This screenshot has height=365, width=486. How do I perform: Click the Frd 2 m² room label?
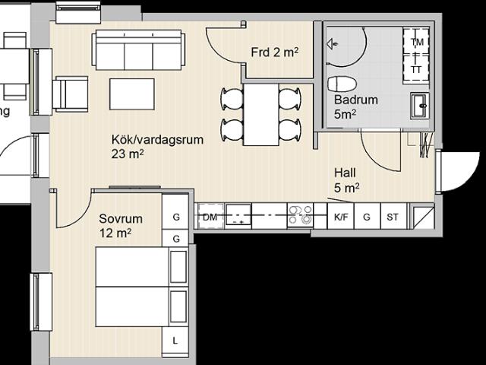[x=275, y=52]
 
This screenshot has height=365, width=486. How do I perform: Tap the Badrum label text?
[x=356, y=100]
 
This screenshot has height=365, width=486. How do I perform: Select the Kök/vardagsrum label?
[x=157, y=140]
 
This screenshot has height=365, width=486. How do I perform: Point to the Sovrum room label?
[x=121, y=219]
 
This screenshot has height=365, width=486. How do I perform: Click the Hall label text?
[x=345, y=173]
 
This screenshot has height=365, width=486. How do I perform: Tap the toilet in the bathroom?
[x=342, y=84]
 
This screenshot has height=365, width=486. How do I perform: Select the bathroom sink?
[x=420, y=106]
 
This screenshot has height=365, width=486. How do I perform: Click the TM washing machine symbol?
[x=416, y=41]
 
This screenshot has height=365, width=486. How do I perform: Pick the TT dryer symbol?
[x=416, y=69]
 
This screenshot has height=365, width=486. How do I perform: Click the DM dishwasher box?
[x=210, y=217]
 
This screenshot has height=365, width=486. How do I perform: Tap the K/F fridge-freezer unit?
[x=341, y=216]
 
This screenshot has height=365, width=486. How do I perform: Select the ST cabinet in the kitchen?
[x=393, y=216]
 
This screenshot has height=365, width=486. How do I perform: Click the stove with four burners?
[x=300, y=216]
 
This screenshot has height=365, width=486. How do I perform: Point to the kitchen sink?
[x=238, y=216]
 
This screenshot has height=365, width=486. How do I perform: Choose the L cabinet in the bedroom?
[x=175, y=341]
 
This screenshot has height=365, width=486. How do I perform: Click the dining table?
[x=261, y=115]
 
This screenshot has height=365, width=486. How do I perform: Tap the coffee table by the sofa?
[x=132, y=94]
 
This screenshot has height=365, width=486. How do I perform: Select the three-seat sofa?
[x=138, y=50]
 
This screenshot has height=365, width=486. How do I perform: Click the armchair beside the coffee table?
[x=71, y=94]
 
